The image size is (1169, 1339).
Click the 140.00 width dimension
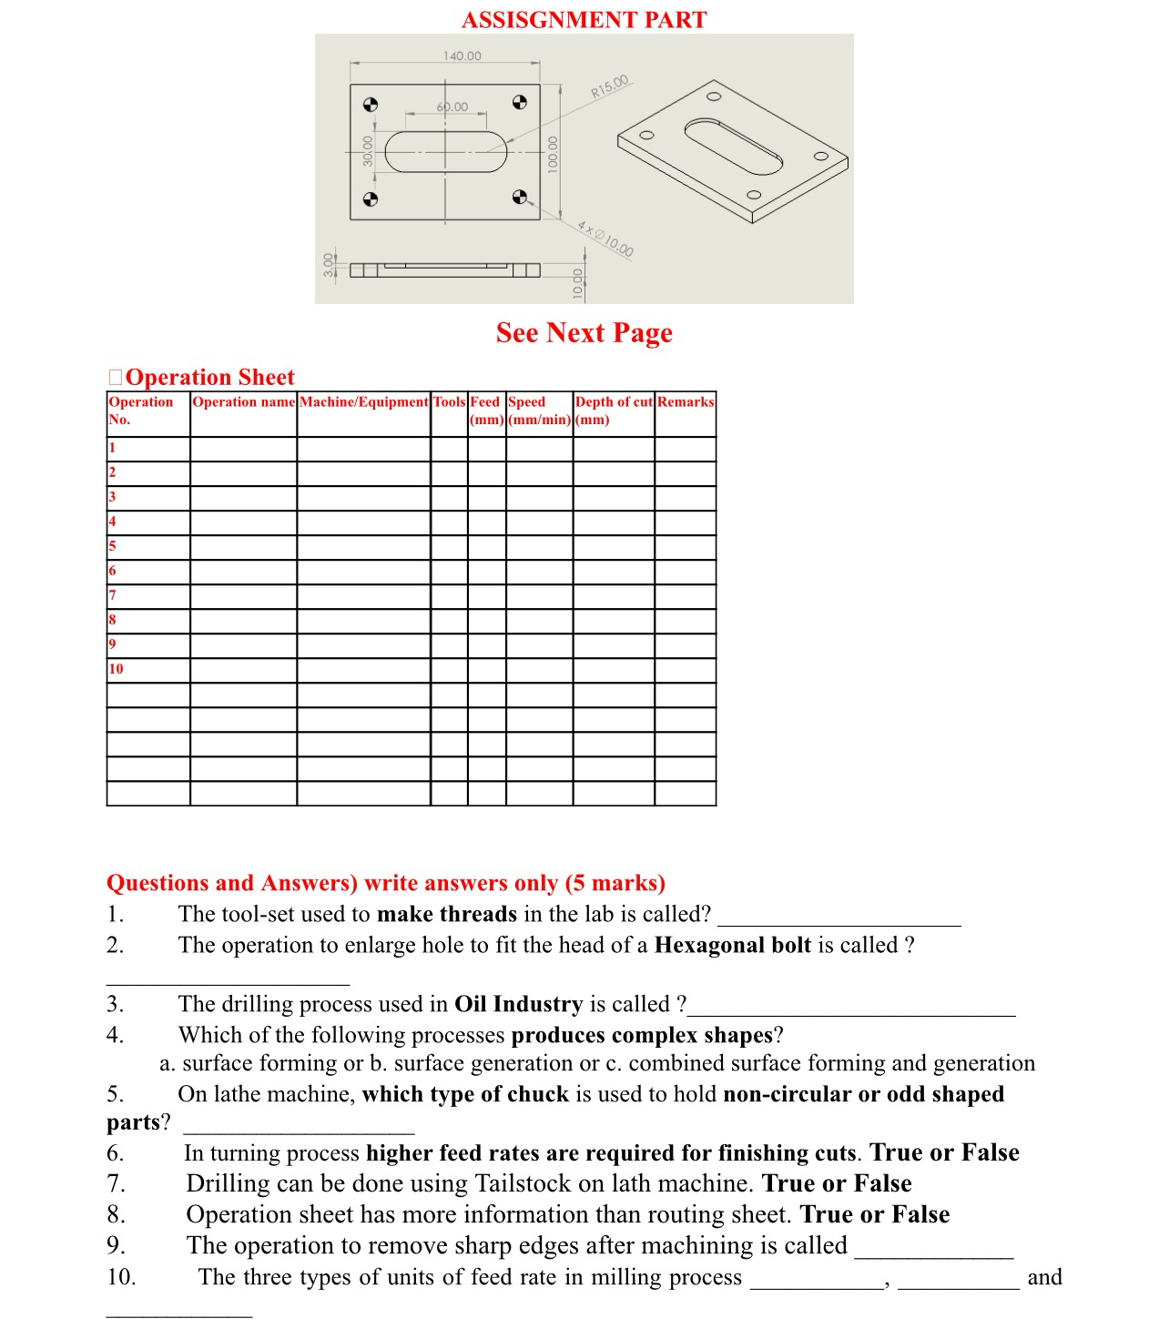point(462,56)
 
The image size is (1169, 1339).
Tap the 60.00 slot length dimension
point(452,107)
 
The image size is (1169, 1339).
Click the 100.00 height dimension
point(552,155)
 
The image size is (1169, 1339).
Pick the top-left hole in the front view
point(371,104)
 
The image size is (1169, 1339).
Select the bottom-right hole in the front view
point(519,198)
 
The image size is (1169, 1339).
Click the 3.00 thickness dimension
point(329,264)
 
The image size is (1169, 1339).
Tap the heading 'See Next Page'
point(584,333)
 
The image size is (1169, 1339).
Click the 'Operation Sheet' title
point(209,378)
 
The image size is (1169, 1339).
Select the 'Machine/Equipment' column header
point(363,402)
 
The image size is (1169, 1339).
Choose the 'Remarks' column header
point(686,402)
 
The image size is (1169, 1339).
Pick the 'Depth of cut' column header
point(614,402)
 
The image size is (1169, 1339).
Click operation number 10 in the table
point(116,669)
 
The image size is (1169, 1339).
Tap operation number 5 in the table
point(112,546)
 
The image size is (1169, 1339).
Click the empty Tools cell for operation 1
point(449,449)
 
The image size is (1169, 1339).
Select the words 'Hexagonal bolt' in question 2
point(732,946)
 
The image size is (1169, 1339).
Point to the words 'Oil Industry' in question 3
point(518,1004)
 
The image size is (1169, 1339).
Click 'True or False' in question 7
point(837,1183)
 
